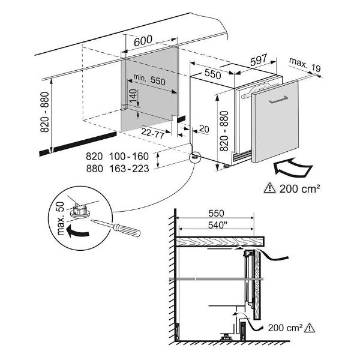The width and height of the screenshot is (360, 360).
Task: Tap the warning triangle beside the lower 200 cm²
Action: point(310,328)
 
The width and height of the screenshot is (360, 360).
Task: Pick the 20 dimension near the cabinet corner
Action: point(203,129)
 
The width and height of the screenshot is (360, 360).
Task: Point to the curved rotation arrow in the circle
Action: point(77,230)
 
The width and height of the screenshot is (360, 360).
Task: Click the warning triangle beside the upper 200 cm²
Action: point(268,188)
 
